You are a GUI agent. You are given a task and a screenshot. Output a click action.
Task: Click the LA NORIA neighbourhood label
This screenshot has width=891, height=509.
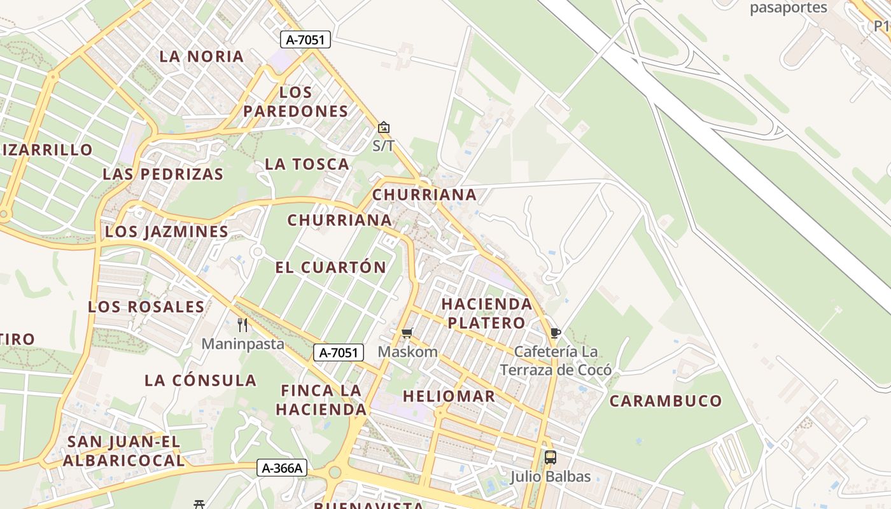click(202, 56)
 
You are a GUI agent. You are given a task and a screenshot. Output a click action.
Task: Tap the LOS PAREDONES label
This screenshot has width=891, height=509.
click(296, 102)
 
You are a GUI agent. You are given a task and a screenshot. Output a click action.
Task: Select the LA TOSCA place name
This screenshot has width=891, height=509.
click(307, 164)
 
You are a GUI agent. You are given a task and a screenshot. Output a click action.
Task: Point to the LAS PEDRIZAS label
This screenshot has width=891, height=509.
click(163, 174)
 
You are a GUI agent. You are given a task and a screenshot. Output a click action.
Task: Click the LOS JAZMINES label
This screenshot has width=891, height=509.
click(167, 232)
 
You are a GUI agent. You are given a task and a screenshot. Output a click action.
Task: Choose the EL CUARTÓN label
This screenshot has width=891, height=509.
click(330, 267)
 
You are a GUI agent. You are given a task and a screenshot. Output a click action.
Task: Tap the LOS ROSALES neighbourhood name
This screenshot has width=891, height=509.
click(146, 307)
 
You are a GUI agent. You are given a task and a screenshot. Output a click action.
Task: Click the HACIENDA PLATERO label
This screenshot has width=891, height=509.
click(487, 313)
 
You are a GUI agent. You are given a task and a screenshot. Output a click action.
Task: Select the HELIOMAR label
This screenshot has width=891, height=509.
click(449, 396)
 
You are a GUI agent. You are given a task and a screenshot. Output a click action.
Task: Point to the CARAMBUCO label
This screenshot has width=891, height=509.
click(666, 401)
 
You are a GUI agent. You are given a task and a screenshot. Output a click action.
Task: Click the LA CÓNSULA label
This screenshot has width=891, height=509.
click(200, 380)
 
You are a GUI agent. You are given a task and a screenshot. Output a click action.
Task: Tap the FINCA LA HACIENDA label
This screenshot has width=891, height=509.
click(321, 400)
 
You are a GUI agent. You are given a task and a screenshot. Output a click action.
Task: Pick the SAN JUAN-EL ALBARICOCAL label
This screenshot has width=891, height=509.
click(125, 450)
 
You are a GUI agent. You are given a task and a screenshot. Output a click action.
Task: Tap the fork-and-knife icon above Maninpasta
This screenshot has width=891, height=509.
click(242, 325)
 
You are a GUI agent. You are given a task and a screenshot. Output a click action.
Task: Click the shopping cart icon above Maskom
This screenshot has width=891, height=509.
click(407, 333)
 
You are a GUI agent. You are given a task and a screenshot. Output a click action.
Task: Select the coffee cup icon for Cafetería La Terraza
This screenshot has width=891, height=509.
click(555, 333)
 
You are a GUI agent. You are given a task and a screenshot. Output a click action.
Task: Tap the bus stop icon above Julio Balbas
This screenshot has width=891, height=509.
click(551, 457)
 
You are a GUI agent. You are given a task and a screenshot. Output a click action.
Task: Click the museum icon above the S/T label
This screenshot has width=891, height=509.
click(383, 127)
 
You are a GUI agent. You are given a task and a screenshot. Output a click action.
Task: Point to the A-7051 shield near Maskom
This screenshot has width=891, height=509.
click(339, 352)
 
